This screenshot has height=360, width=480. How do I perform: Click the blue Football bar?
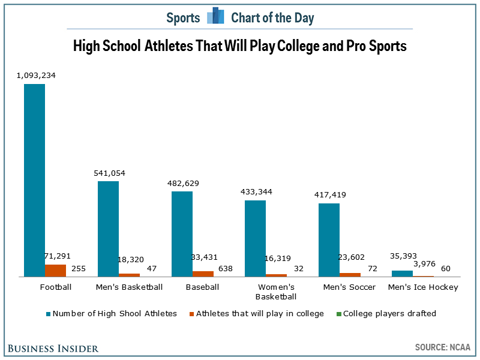click(x=35, y=181)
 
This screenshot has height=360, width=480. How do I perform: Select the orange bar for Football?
click(x=55, y=271)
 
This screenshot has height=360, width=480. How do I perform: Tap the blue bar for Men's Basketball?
click(x=109, y=229)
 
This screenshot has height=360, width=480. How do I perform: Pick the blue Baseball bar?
click(x=182, y=234)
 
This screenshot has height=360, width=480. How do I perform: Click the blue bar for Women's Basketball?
click(x=256, y=238)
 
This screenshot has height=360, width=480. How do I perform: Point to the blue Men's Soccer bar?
click(x=329, y=240)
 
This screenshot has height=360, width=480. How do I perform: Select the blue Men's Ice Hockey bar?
click(x=402, y=274)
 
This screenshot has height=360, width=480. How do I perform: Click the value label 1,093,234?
click(x=36, y=76)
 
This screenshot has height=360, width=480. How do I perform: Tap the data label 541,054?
click(x=110, y=173)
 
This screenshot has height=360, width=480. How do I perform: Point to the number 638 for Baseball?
click(x=226, y=268)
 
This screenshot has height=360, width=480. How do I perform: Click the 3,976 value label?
click(x=424, y=264)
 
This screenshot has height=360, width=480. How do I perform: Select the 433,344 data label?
click(x=257, y=192)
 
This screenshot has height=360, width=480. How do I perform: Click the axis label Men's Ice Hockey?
click(x=423, y=287)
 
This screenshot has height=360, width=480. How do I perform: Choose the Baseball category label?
click(x=202, y=287)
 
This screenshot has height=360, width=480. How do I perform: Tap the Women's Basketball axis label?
click(x=276, y=292)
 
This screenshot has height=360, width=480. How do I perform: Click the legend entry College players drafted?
click(x=386, y=313)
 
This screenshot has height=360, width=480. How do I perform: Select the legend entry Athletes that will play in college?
click(x=257, y=313)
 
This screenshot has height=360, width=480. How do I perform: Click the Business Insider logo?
click(x=53, y=349)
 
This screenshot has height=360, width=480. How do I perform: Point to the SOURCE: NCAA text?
click(x=443, y=347)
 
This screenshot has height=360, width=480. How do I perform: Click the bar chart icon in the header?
click(x=215, y=16)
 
